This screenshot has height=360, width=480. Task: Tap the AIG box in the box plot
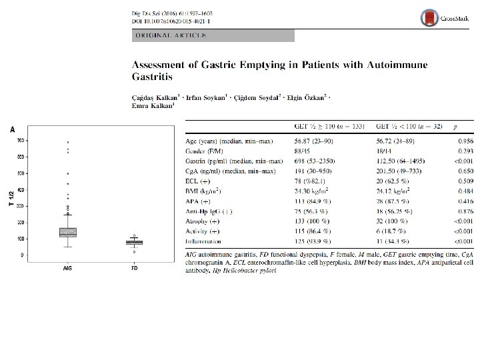point(68,232)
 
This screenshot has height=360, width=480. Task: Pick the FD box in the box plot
point(135,242)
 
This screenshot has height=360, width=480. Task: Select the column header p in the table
point(455,125)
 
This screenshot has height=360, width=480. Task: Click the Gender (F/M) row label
point(204,151)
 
